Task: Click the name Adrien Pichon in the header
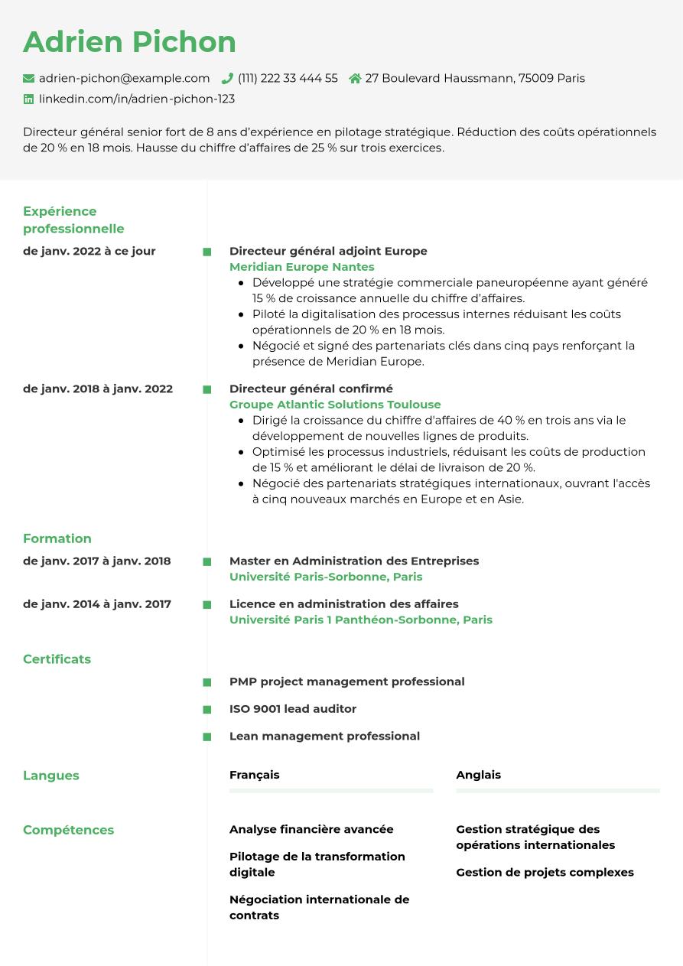(129, 42)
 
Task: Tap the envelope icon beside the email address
(29, 78)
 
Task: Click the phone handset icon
(227, 78)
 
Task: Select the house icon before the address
(355, 78)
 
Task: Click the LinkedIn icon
(29, 99)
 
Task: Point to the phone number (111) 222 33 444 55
(288, 78)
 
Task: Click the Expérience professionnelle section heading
(73, 220)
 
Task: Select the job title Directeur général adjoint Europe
(328, 251)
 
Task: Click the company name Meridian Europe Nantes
(301, 267)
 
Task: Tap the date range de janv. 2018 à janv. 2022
(98, 389)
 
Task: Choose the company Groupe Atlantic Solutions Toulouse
(335, 405)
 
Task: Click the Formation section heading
(57, 538)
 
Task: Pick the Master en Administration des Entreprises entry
(354, 561)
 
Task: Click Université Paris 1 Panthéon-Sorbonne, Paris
(361, 620)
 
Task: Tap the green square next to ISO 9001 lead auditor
(207, 710)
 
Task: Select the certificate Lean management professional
(324, 736)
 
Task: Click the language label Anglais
(478, 775)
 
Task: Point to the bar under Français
(331, 790)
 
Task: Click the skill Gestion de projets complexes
(545, 872)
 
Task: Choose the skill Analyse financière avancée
(311, 829)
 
